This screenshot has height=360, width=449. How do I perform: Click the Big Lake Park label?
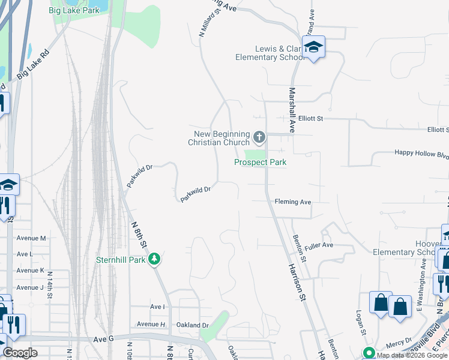[x=83, y=10]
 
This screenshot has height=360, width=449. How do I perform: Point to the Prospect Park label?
[x=260, y=163]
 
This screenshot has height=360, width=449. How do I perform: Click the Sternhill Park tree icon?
[x=155, y=259]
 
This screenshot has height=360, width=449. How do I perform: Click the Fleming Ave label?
[x=293, y=202]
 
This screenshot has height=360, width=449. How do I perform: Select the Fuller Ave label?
[x=319, y=245]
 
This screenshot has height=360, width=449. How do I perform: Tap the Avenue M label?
[x=31, y=238]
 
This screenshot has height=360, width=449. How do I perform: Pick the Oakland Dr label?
[x=192, y=325]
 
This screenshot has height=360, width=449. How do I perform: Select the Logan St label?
[x=361, y=322]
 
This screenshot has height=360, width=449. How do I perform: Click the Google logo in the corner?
[x=20, y=353]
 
